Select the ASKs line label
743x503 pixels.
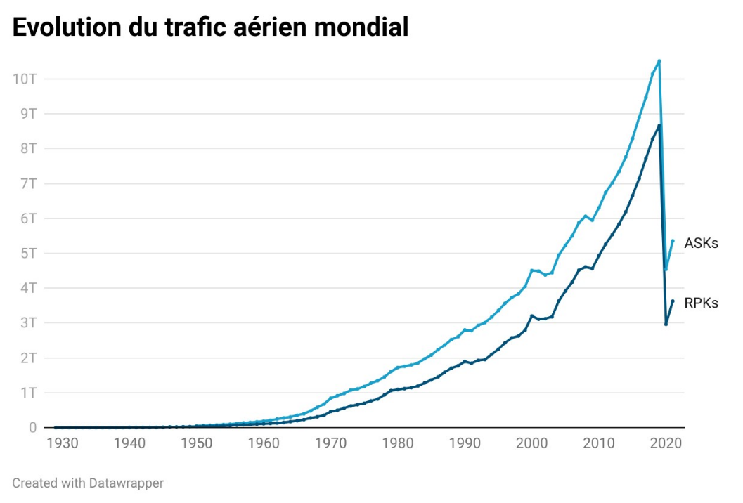701,243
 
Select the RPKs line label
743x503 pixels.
701,303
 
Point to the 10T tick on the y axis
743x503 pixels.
25,78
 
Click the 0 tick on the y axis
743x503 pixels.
32,428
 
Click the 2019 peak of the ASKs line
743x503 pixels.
659,61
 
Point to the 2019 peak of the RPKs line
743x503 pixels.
659,126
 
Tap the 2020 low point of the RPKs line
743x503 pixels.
666,324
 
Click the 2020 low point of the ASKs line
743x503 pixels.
666,269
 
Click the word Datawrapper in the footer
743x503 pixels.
127,483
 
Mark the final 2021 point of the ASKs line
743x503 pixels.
673,241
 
